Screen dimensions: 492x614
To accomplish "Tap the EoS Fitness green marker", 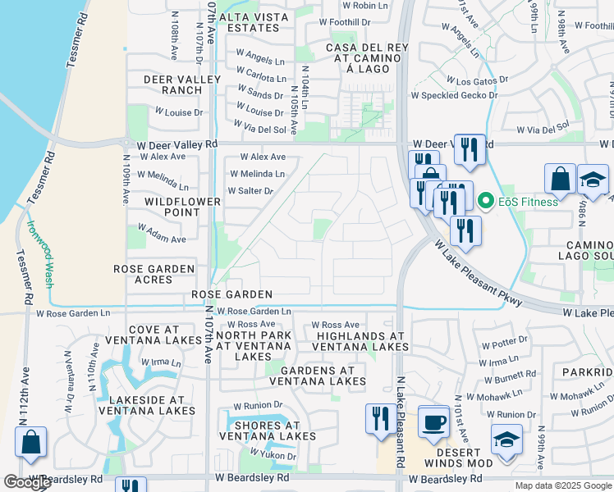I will tap(486, 202).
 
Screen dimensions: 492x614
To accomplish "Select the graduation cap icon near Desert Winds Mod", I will tap(506, 440).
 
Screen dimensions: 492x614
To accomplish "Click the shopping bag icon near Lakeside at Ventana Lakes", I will tap(30, 443).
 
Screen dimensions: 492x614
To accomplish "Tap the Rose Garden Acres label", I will tap(153, 275).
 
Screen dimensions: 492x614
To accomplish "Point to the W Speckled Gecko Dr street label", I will tap(454, 96).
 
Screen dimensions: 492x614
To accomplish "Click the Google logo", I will tap(27, 483).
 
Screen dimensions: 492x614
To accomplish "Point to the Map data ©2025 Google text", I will tap(562, 485).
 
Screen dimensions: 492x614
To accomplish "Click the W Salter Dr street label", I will tap(250, 191).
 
